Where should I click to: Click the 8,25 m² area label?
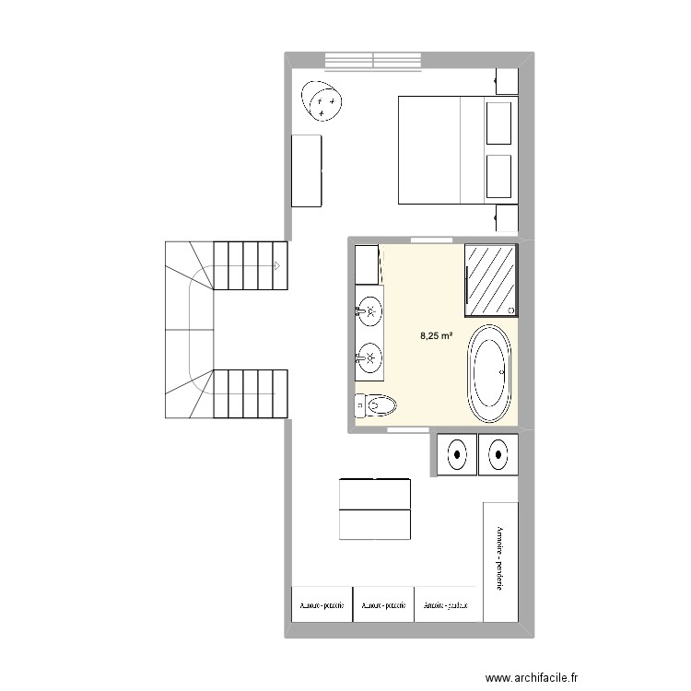(436, 336)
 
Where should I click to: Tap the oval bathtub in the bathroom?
(489, 373)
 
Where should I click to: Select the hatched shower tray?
(490, 277)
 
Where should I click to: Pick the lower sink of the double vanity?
(370, 355)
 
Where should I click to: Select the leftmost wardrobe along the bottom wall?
(321, 605)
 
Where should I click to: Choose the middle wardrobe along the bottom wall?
(383, 605)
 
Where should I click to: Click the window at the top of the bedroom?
(373, 60)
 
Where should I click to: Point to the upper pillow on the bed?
(498, 123)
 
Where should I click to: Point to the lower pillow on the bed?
(498, 176)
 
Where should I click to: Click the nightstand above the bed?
(507, 80)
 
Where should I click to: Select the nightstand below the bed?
(507, 218)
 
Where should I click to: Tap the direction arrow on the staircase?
(276, 265)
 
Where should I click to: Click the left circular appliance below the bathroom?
(456, 453)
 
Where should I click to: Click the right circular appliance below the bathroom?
(498, 453)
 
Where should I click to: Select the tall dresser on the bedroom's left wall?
(307, 170)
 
